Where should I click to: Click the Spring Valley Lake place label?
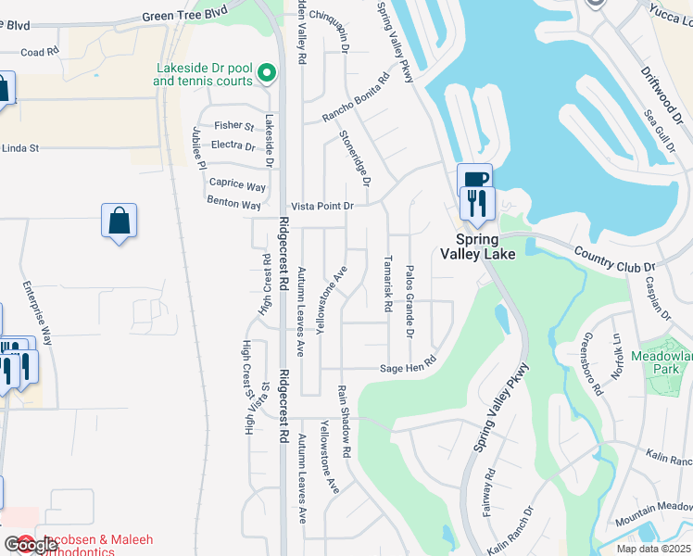pos(476,245)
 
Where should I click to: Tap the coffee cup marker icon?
pos(473,180)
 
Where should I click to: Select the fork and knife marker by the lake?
pos(478,203)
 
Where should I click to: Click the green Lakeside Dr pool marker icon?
pos(267,71)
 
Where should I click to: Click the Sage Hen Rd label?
pos(408,367)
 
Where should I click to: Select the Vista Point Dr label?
pos(322,206)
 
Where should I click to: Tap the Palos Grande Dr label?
pos(408,300)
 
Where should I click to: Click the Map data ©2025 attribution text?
pos(654,549)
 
